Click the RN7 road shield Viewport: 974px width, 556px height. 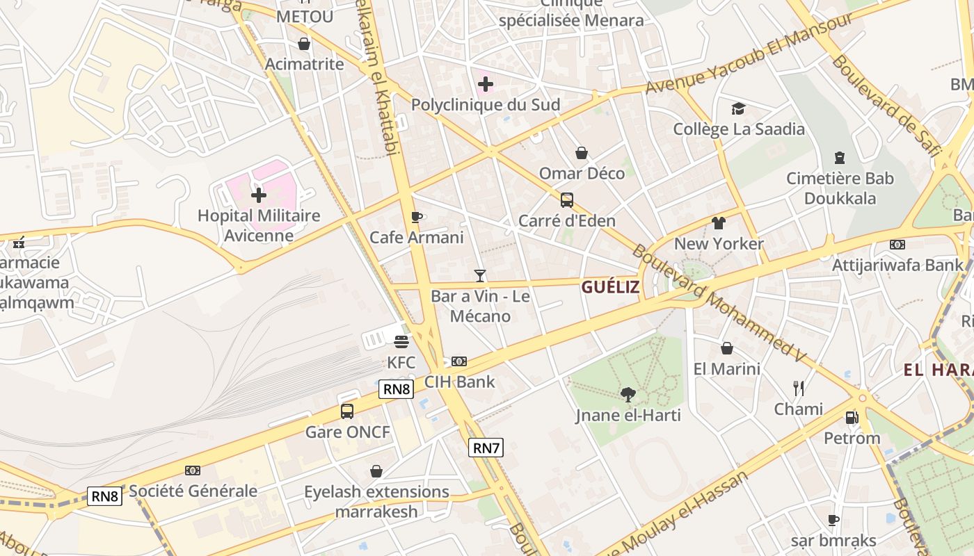(486, 448)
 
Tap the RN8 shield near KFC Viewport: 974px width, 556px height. (397, 389)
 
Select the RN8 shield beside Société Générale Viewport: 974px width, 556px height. (106, 496)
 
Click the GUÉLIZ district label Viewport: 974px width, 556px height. (610, 287)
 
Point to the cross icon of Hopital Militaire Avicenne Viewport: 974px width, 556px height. (259, 195)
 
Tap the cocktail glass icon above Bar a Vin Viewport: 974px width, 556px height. (479, 276)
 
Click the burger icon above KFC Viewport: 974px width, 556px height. (401, 341)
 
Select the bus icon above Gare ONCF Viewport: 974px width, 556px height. (346, 411)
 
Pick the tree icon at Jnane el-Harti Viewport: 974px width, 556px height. (628, 395)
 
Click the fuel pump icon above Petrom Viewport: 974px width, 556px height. (852, 418)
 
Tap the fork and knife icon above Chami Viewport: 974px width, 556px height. (799, 388)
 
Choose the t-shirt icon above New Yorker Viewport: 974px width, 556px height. (719, 223)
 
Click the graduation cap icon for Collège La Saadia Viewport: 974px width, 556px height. (738, 108)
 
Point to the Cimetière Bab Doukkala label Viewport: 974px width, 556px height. (840, 188)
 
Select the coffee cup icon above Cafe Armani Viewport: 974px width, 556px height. (416, 217)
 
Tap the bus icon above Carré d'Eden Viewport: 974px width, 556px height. (567, 200)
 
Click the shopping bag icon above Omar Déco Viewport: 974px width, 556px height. (582, 153)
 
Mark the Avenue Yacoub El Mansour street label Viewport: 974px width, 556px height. (749, 54)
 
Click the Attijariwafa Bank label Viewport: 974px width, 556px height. (898, 265)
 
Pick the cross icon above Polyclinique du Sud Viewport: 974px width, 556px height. (486, 85)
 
